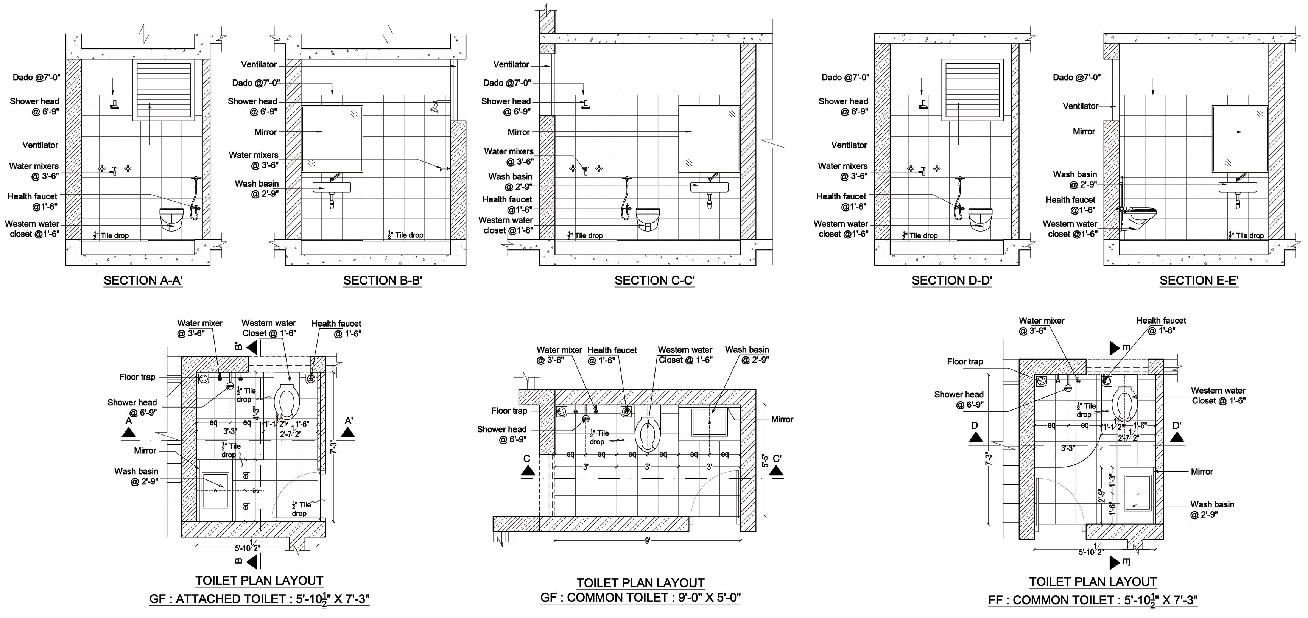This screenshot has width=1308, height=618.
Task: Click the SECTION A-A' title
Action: point(143,280)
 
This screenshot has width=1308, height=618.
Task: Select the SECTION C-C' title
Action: point(654,280)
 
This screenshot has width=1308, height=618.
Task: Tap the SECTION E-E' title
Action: point(1199,280)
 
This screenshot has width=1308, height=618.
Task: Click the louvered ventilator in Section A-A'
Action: point(163,90)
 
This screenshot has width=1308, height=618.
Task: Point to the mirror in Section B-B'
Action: point(332,139)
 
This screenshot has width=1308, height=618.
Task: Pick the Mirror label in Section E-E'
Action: point(1084,132)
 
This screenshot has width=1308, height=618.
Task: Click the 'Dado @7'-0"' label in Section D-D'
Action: point(845,77)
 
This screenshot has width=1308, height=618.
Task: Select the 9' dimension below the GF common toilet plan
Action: point(648,541)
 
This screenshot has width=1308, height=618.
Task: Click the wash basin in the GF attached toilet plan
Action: point(216,490)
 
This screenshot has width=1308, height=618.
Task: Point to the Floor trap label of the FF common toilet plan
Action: point(965,361)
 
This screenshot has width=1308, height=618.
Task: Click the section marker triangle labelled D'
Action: point(1177,437)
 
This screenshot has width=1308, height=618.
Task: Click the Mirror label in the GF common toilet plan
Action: point(782,419)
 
